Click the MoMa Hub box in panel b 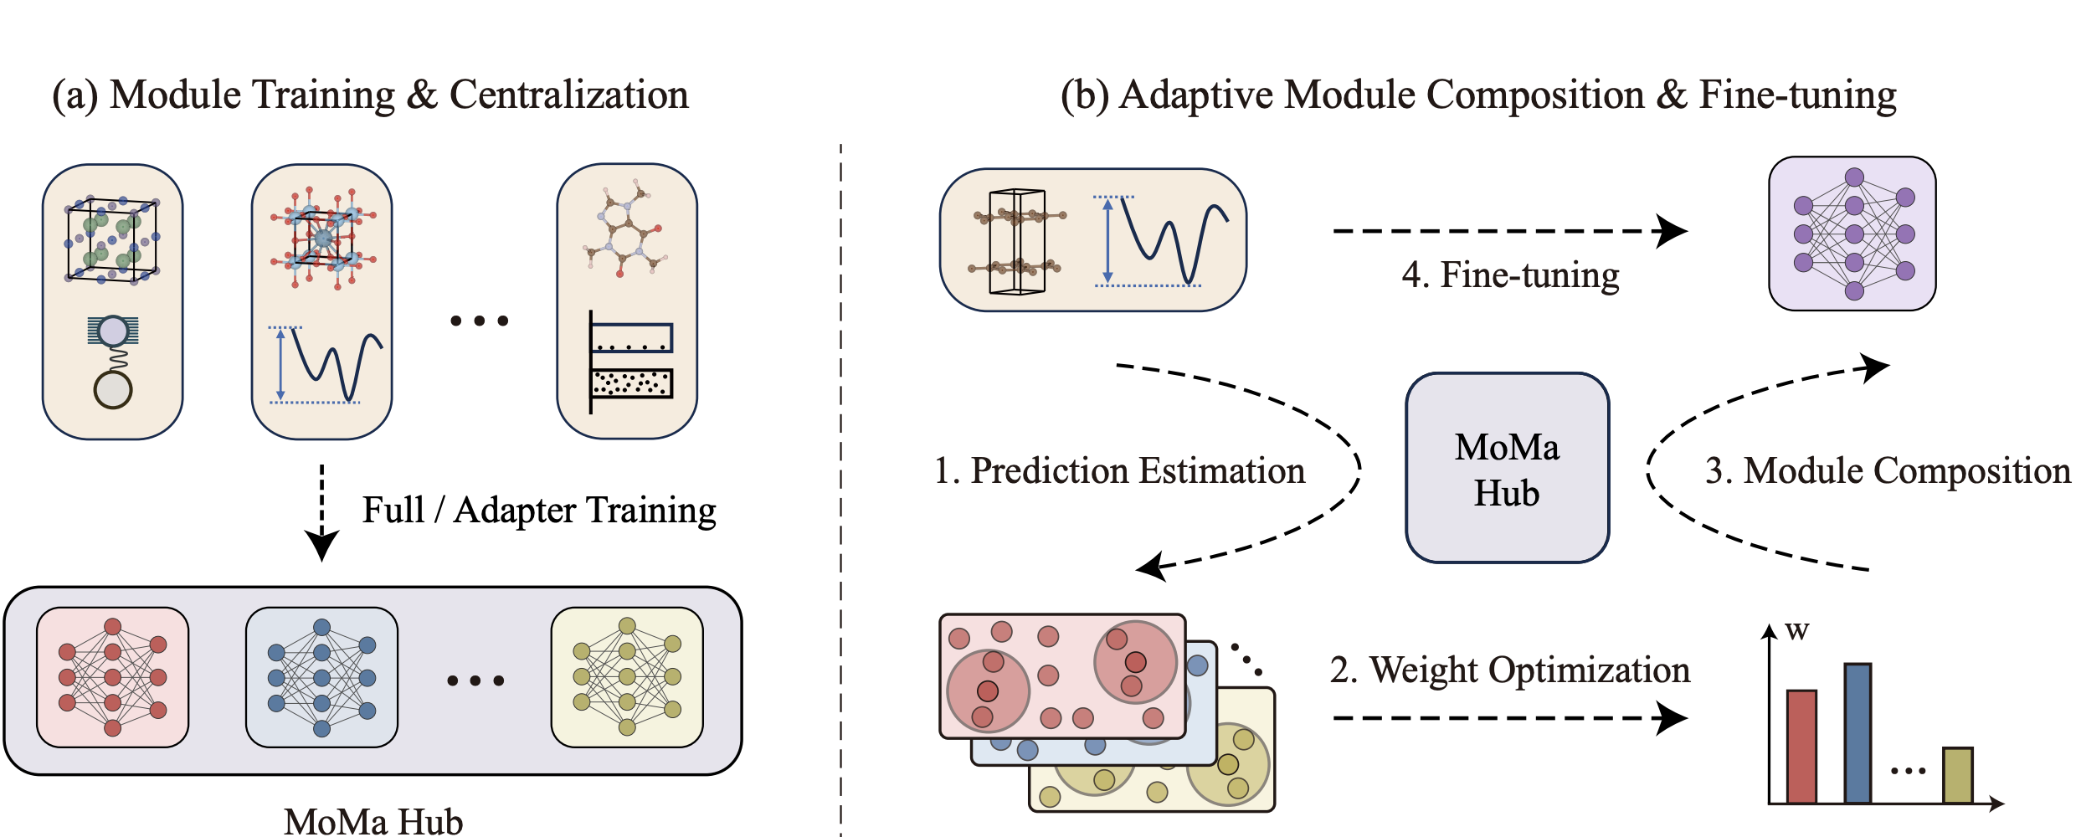[1507, 469]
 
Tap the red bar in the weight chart [1801, 747]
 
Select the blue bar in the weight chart [1857, 733]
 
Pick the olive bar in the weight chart [1957, 775]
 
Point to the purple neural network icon [1852, 234]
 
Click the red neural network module [112, 677]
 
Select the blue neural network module [321, 677]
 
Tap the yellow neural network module [627, 677]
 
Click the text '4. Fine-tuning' [1510, 275]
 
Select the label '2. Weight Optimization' [1510, 670]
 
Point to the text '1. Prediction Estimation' [1119, 471]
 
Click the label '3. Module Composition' [1888, 471]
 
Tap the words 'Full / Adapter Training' [539, 511]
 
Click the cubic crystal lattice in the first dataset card [112, 240]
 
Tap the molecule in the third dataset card [627, 228]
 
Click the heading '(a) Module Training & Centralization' [370, 95]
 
